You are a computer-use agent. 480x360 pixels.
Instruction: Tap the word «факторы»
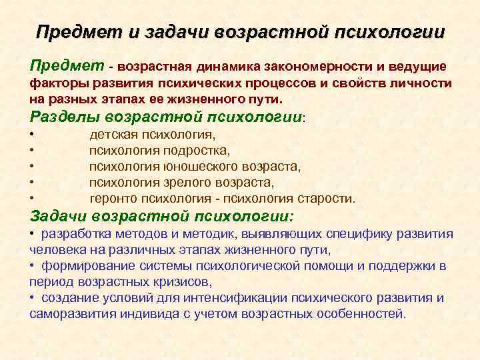coord(53,84)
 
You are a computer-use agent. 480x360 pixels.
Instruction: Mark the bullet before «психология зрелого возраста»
coord(32,182)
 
